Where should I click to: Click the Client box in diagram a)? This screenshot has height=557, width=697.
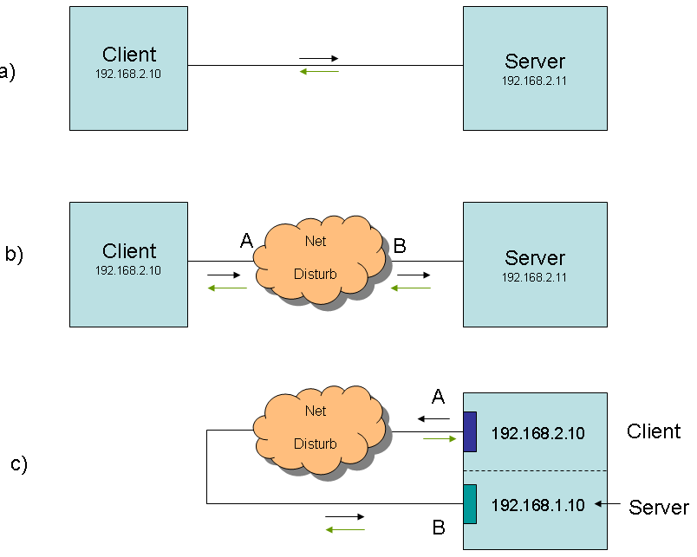(128, 68)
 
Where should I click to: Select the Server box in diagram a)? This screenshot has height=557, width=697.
(534, 68)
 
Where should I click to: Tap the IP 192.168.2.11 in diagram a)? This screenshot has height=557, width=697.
(534, 81)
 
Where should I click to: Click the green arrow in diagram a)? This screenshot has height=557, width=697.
(318, 72)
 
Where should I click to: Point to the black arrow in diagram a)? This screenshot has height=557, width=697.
(318, 58)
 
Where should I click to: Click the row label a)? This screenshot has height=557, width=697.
(8, 71)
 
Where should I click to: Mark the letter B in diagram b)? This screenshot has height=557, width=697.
(400, 246)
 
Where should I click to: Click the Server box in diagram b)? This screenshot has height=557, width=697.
(534, 264)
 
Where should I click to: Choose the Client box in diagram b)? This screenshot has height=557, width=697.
(128, 264)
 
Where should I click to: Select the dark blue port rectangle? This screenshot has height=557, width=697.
(470, 431)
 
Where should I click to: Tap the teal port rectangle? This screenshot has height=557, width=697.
(470, 503)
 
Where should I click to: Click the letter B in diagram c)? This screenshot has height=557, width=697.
(439, 527)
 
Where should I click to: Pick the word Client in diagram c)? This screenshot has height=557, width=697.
(654, 431)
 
